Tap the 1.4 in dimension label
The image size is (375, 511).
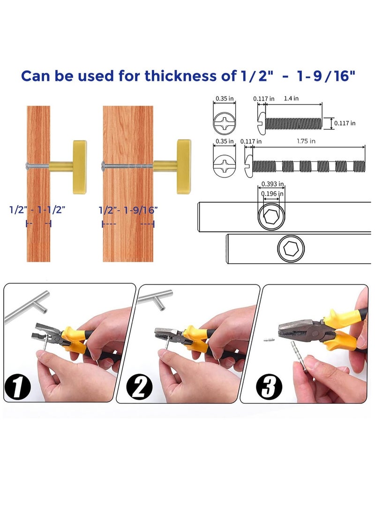[291, 98]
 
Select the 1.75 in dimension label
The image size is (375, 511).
[306, 141]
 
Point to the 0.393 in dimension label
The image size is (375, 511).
[273, 184]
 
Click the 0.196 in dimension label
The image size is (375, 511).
[272, 193]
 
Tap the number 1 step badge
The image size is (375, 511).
[18, 387]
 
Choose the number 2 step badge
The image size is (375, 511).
[139, 387]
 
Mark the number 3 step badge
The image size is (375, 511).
[269, 387]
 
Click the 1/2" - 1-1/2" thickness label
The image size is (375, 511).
[37, 209]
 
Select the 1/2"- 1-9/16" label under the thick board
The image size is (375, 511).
[128, 210]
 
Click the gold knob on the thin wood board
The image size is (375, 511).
[80, 167]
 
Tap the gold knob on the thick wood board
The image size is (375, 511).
[184, 167]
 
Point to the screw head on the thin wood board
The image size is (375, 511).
[28, 166]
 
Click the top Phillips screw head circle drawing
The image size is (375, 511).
[225, 123]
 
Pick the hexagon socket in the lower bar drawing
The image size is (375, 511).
[291, 249]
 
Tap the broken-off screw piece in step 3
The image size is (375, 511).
[270, 340]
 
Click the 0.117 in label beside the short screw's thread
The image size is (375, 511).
[345, 123]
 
